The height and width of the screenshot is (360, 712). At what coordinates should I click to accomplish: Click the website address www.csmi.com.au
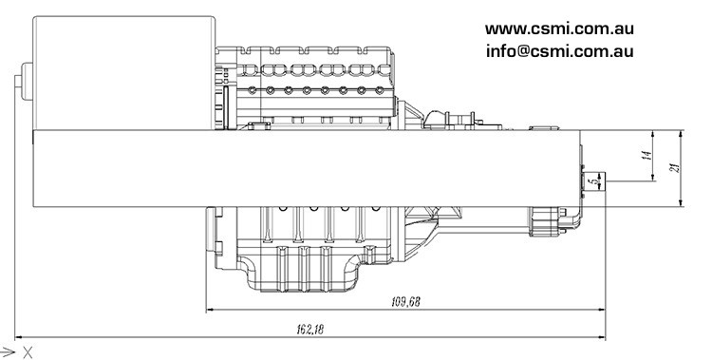pos(560,28)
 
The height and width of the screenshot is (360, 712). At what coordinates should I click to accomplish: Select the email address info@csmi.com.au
pos(560,51)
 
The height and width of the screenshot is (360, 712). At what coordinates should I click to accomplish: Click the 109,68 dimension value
pos(405,302)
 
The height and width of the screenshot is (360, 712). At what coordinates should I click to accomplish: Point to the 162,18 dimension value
pos(309,329)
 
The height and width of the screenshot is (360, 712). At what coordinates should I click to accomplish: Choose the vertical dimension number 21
pos(673,167)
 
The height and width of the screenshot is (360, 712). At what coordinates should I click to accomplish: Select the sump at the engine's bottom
pos(304,271)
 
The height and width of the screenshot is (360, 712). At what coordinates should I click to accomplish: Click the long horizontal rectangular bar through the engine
pos(304,167)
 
